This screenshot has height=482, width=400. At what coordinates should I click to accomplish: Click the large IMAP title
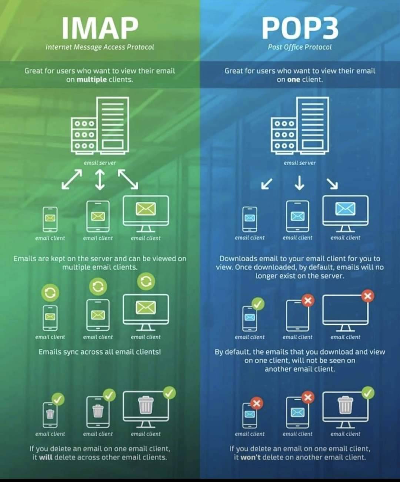pyautogui.click(x=100, y=28)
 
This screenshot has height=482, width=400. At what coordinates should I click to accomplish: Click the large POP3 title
pyautogui.click(x=300, y=28)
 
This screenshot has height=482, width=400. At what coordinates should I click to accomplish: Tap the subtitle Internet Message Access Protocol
pyautogui.click(x=100, y=47)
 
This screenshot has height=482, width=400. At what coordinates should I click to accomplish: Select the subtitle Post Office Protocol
pyautogui.click(x=300, y=47)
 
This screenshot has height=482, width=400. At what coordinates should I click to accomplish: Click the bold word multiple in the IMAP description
pyautogui.click(x=91, y=80)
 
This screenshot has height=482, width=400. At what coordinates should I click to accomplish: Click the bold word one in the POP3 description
pyautogui.click(x=294, y=80)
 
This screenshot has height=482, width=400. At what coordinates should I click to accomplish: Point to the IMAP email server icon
pyautogui.click(x=100, y=125)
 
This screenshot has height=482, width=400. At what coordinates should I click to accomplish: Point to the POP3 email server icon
pyautogui.click(x=300, y=125)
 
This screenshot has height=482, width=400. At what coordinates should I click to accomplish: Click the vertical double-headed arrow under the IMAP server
pyautogui.click(x=100, y=180)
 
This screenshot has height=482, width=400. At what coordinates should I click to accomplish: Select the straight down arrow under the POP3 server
pyautogui.click(x=300, y=183)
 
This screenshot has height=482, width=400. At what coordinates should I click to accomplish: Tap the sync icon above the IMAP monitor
pyautogui.click(x=146, y=281)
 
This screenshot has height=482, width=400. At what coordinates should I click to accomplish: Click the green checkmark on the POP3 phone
pyautogui.click(x=258, y=304)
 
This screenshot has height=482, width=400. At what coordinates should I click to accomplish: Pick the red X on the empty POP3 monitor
pyautogui.click(x=368, y=296)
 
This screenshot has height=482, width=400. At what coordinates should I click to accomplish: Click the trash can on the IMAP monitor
pyautogui.click(x=146, y=405)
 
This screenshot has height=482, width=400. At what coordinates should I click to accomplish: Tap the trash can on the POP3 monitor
pyautogui.click(x=345, y=405)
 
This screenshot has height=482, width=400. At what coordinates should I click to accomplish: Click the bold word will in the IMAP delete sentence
pyautogui.click(x=46, y=457)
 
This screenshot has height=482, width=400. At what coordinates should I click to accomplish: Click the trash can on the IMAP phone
pyautogui.click(x=50, y=414)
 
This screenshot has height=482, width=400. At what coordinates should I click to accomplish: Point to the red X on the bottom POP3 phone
pyautogui.click(x=256, y=403)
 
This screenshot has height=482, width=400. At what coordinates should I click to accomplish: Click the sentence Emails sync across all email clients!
pyautogui.click(x=100, y=352)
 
